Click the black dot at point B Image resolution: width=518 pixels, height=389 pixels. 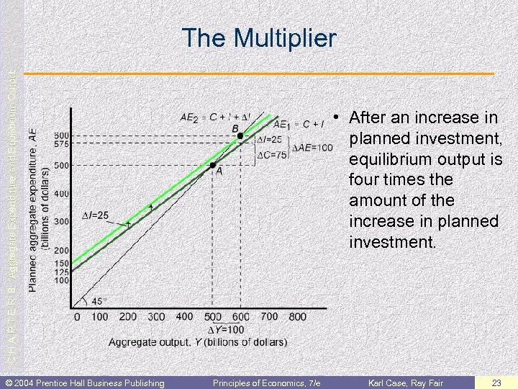click(240, 135)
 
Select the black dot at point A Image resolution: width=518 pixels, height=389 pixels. click(213, 165)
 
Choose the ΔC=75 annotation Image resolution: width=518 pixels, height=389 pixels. click(271, 154)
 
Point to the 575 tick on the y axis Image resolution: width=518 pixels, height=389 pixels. click(61, 145)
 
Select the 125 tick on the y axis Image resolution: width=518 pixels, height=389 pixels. click(61, 272)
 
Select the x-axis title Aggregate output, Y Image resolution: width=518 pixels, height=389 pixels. click(197, 341)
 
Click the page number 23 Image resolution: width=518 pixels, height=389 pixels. click(496, 383)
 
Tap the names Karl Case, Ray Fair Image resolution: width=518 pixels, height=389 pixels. click(406, 383)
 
